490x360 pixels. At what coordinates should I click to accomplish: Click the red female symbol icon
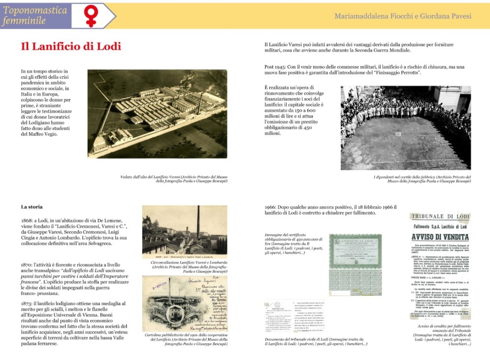point(90,16)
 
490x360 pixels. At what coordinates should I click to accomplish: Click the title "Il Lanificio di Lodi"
point(71,46)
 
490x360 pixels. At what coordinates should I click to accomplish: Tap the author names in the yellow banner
point(403,16)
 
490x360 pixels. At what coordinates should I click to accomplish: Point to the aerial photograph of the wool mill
point(157,114)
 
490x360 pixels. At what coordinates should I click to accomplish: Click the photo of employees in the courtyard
point(405,128)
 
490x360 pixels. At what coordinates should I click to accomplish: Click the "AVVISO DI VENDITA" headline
point(440,237)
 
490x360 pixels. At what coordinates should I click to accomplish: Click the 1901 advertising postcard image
point(184,304)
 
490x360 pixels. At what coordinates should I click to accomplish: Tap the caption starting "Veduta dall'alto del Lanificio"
point(174,179)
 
